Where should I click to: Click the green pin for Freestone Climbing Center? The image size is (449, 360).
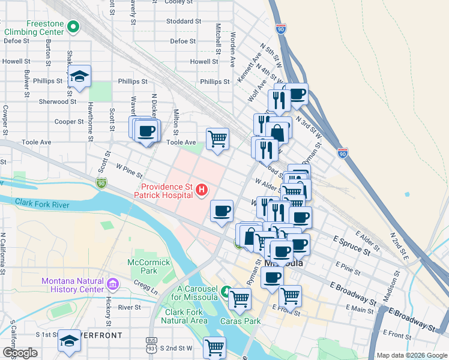(x=73, y=26)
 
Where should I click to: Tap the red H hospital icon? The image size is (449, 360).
(x=202, y=191)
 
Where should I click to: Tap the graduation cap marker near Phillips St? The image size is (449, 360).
(x=79, y=76)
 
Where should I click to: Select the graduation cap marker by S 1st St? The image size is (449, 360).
(x=70, y=341)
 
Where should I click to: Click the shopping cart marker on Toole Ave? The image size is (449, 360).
(x=217, y=139)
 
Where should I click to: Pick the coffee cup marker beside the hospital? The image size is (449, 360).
(x=222, y=211)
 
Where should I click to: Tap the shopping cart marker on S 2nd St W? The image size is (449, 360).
(x=214, y=347)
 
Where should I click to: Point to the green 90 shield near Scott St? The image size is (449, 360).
(x=101, y=182)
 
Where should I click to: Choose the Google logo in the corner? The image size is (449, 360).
(x=20, y=353)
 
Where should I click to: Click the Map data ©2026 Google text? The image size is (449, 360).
(x=411, y=355)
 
